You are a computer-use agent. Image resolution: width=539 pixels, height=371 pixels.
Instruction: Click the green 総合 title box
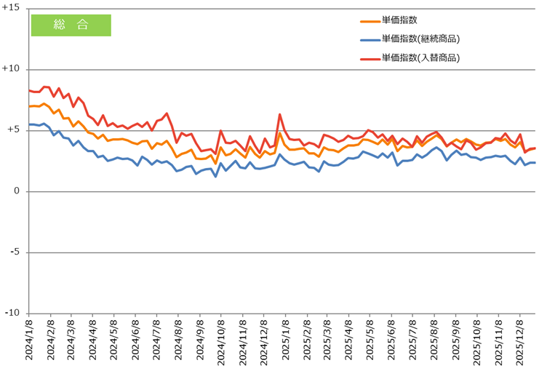point(71,25)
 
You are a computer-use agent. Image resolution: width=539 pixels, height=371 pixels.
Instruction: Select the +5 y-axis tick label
point(14,130)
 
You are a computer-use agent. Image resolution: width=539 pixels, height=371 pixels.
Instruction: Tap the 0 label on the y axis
point(17,191)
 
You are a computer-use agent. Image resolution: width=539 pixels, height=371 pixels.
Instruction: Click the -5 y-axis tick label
point(15,252)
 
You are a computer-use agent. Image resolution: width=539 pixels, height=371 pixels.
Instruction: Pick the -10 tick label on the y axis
point(13,313)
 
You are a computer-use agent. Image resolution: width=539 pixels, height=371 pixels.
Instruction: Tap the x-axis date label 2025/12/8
point(519,342)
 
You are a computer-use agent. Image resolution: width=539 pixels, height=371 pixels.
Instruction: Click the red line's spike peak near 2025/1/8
point(280,114)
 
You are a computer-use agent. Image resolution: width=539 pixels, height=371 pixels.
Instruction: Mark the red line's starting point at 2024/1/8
point(29,90)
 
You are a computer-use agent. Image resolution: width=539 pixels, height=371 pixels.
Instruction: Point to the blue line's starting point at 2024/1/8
point(29,124)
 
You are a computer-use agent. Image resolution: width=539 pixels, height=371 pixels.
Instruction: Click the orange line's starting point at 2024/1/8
point(29,106)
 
